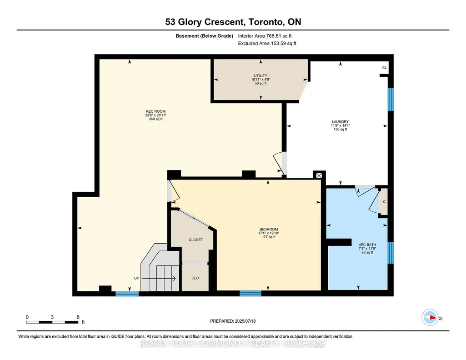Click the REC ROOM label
(x=155, y=111)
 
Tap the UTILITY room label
(x=261, y=75)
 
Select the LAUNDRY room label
(x=340, y=121)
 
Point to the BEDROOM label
(x=269, y=229)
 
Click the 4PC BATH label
(x=367, y=245)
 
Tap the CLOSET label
(x=196, y=240)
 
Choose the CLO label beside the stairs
(x=195, y=278)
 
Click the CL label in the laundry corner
(x=384, y=68)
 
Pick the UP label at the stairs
(x=137, y=278)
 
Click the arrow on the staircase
(x=159, y=279)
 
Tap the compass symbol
(x=430, y=318)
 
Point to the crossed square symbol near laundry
(x=319, y=175)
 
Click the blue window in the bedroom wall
(x=251, y=294)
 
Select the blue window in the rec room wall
(x=127, y=294)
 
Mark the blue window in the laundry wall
(x=391, y=99)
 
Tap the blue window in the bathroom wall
(x=391, y=253)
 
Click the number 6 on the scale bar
(x=78, y=317)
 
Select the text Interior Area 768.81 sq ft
(x=265, y=36)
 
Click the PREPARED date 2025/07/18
(x=245, y=321)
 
